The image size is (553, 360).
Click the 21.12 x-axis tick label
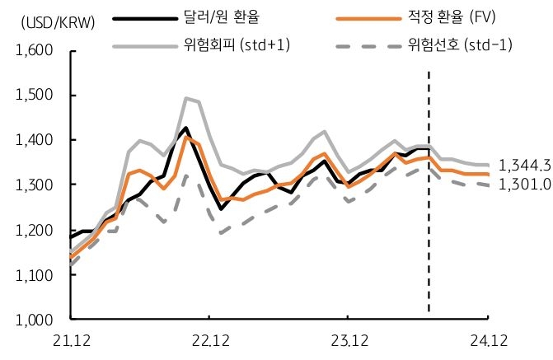(72, 339)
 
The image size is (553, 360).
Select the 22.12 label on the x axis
(209, 339)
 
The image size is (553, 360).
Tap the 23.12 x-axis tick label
(348, 339)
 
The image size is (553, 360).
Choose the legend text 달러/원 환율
(215, 16)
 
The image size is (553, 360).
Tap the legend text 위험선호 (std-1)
(457, 44)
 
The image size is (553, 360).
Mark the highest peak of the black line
(185, 129)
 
